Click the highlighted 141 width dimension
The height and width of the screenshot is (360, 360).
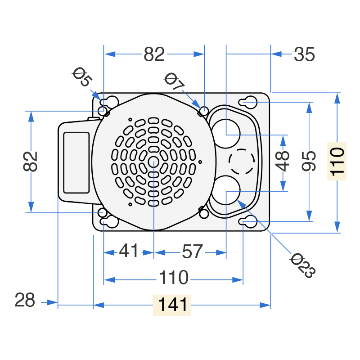[172, 305]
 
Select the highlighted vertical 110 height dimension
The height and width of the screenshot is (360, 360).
[337, 162]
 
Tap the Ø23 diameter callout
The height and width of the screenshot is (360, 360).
[302, 265]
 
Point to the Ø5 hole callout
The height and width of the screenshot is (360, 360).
[82, 76]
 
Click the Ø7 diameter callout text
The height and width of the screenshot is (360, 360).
[174, 81]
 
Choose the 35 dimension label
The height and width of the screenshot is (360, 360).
[304, 54]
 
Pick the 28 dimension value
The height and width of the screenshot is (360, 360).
[25, 300]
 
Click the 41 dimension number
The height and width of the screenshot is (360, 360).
[129, 251]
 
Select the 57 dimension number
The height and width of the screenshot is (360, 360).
[193, 252]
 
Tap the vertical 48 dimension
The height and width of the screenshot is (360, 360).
[283, 161]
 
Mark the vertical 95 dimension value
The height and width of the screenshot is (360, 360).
[309, 161]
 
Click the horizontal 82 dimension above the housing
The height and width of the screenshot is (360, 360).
[154, 54]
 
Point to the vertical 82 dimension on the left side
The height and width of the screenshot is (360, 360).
[30, 162]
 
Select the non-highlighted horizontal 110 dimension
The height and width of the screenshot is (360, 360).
[174, 278]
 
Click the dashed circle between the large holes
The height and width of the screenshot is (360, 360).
[242, 162]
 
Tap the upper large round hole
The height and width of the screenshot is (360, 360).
[226, 134]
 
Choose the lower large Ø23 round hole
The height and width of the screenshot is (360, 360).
[226, 190]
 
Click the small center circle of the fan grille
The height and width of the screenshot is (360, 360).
[153, 162]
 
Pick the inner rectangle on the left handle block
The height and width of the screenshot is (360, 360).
[76, 163]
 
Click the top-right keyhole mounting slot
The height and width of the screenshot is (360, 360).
[248, 103]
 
